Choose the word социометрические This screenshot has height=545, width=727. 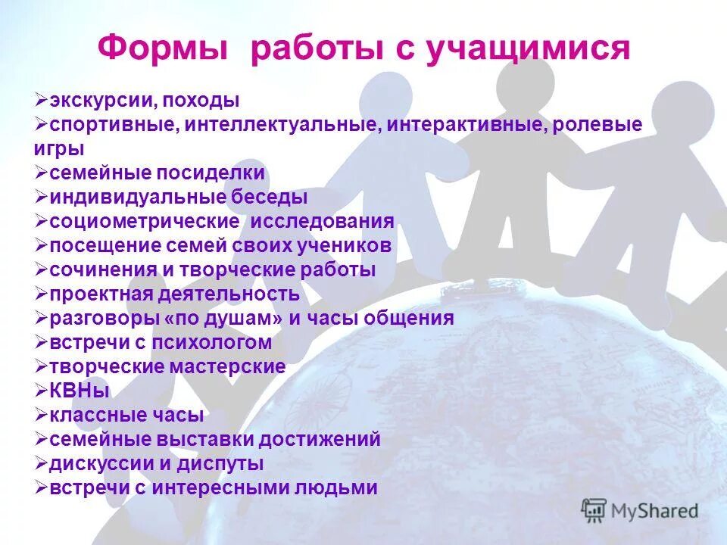[143, 221]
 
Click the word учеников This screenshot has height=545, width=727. [344, 245]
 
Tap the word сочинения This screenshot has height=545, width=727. [98, 269]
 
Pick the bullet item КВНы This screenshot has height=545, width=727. [80, 391]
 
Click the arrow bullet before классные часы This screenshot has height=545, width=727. [42, 415]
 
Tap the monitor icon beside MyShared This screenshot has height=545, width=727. [594, 510]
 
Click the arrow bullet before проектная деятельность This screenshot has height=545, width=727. [42, 294]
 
